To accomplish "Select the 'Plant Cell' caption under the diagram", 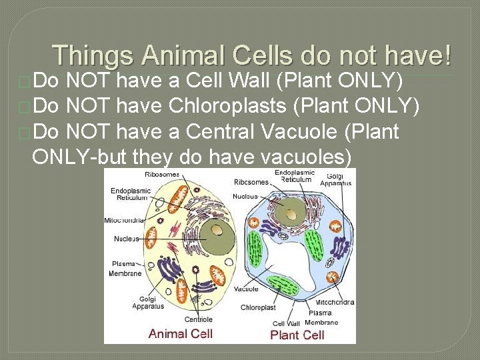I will click(297, 334).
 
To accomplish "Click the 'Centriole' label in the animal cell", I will click(198, 319).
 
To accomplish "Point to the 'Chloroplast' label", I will click(258, 307).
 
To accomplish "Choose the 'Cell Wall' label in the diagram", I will click(287, 323).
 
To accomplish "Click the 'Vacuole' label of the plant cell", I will click(246, 289).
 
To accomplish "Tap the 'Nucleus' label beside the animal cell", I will click(127, 238).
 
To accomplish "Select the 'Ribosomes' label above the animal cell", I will click(162, 175).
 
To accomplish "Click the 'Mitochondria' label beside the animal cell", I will click(125, 219).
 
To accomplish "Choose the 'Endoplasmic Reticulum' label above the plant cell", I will click(294, 175).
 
